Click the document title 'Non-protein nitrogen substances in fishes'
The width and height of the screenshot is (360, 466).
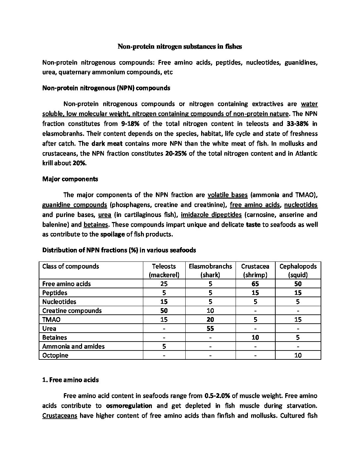[x=180, y=47]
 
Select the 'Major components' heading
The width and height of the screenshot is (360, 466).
[x=70, y=179]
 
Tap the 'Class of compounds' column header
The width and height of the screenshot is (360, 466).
[x=71, y=266]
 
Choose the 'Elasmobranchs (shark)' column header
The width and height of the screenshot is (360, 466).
[x=210, y=270]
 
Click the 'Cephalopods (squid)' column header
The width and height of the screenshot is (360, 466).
[x=298, y=270]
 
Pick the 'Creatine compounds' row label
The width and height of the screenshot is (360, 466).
[x=72, y=310]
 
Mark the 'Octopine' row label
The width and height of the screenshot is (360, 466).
[x=55, y=355]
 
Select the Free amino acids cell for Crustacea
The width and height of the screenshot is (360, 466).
[x=255, y=284]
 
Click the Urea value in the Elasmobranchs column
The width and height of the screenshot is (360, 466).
[x=210, y=328]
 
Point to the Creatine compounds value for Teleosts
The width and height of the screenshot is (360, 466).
[x=164, y=310]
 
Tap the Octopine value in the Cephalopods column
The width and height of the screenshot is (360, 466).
[x=298, y=355]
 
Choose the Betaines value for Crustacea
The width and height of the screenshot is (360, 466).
[x=255, y=337]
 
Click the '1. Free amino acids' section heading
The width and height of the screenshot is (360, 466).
[x=70, y=380]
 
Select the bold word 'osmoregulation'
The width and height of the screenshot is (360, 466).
[x=129, y=406]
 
